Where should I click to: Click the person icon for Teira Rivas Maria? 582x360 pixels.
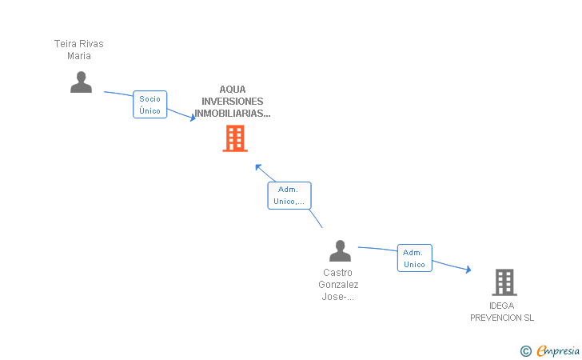[81, 82]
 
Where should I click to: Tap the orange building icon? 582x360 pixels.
[235, 138]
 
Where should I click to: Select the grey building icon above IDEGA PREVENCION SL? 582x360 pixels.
[504, 282]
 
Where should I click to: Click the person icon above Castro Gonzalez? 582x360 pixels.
[340, 250]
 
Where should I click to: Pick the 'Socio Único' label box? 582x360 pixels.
[150, 104]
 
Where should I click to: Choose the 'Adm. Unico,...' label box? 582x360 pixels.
[289, 195]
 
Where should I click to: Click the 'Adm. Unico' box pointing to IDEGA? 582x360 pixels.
[415, 258]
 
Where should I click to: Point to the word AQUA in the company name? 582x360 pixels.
[233, 90]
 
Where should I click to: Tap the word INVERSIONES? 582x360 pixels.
[233, 102]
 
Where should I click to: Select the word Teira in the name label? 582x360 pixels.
[65, 44]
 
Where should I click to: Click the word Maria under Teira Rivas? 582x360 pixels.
[79, 56]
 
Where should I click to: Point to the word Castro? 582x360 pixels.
[337, 273]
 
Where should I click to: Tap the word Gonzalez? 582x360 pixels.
[338, 285]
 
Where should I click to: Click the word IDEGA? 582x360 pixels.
[501, 306]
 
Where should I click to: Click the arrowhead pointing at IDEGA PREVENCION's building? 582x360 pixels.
[468, 270]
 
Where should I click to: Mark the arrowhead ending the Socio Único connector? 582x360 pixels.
[193, 118]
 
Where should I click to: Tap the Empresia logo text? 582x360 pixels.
[558, 350]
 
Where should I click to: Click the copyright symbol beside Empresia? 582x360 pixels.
[526, 351]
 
